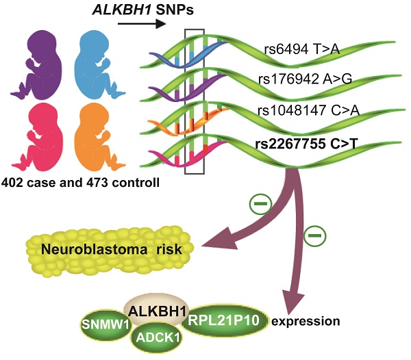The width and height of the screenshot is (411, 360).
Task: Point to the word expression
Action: (x=303, y=320)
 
